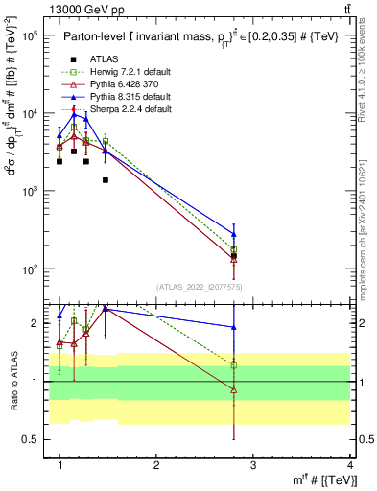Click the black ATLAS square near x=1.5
click(x=106, y=180)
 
